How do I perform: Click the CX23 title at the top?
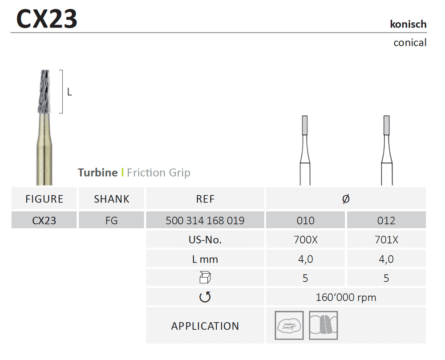(x=47, y=19)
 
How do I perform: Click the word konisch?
(x=408, y=24)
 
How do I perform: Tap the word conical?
(x=410, y=43)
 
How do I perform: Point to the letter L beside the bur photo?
(x=69, y=92)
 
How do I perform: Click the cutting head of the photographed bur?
(x=44, y=91)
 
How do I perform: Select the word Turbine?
(x=97, y=173)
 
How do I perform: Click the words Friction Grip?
(x=159, y=173)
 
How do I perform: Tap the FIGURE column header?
(x=44, y=199)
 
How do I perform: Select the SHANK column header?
(x=112, y=199)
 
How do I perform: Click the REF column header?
(x=205, y=199)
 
